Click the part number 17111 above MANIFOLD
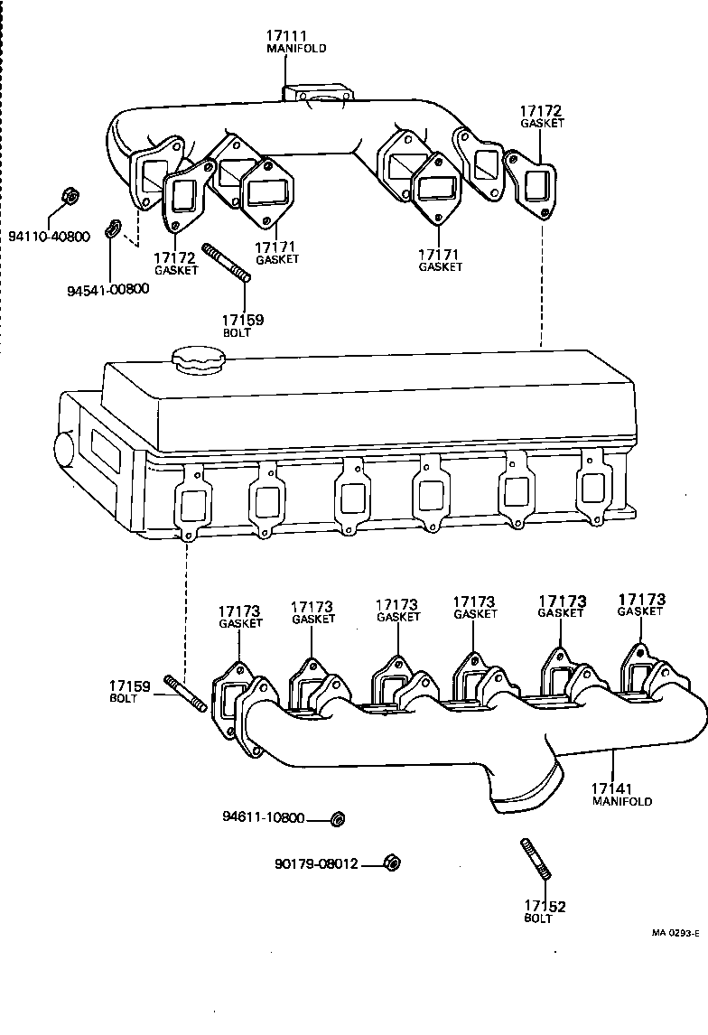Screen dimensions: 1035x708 pos(286,36)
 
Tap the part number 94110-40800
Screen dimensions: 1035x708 pos(50,237)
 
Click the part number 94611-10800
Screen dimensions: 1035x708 pos(263,818)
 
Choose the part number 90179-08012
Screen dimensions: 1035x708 pos(316,864)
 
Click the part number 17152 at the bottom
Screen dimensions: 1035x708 pos(545,906)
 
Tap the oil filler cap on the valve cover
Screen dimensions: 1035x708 pos(198,361)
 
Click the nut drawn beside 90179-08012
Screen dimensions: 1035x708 pos(392,862)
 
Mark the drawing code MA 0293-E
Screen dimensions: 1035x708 pos(675,934)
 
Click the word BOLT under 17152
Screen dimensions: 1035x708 pos(538,918)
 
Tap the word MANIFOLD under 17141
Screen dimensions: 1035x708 pos(621,801)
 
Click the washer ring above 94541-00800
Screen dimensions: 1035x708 pos(112,228)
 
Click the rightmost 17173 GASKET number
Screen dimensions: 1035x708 pos(641,600)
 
